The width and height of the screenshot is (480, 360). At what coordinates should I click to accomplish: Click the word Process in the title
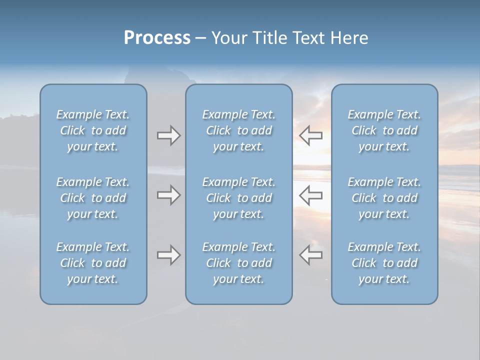coord(157,38)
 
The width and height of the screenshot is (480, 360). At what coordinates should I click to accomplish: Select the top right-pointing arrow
coord(168,135)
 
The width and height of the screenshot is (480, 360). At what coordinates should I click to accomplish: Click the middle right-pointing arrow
coord(168,195)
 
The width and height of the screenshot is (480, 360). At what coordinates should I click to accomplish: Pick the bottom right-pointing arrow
coord(168,255)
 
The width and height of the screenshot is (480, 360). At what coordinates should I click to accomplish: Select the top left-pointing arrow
coord(310,135)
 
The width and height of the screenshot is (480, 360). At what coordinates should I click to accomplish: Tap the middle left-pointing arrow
coord(310,195)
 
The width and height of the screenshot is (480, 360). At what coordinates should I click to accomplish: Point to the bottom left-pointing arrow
coord(310,255)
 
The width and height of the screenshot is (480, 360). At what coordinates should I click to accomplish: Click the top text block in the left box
coord(93,130)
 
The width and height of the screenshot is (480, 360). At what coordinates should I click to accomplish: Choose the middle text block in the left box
coord(93,198)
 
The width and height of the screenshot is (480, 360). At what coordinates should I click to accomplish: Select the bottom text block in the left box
coord(93,263)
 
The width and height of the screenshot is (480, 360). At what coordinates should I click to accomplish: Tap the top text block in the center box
coord(239,130)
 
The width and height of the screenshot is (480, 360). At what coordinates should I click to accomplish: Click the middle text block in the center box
coord(239,198)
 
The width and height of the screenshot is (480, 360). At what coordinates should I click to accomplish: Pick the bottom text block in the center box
coord(239,263)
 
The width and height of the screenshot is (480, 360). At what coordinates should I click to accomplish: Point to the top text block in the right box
coord(384,130)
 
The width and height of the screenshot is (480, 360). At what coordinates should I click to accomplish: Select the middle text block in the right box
coord(384,198)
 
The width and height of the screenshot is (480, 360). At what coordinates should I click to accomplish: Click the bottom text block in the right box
coord(384,263)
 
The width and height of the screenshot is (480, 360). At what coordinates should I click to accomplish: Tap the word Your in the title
coord(228,38)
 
